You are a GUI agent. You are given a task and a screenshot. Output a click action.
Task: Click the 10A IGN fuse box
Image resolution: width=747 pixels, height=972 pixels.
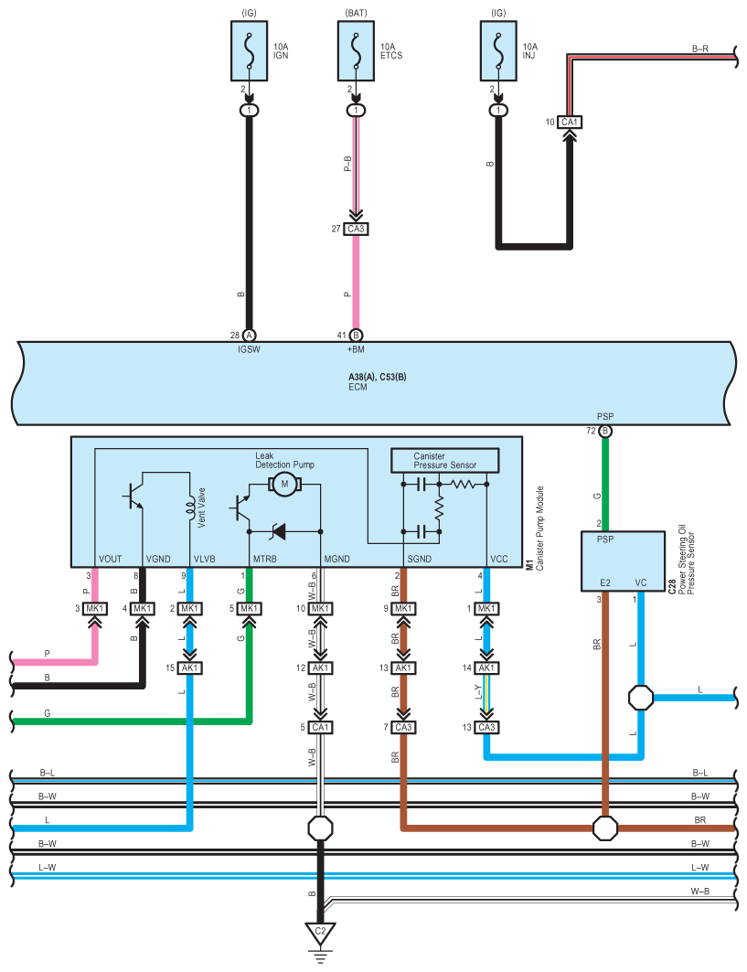point(250,51)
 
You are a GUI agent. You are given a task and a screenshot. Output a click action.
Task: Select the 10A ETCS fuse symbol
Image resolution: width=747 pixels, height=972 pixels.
point(356,51)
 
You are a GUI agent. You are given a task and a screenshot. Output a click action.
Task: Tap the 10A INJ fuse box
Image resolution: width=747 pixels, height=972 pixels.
point(498,51)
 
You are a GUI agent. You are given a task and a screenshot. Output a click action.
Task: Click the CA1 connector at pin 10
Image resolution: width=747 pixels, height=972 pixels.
point(569,123)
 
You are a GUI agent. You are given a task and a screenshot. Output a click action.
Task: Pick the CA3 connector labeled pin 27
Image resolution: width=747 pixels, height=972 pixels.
point(356,229)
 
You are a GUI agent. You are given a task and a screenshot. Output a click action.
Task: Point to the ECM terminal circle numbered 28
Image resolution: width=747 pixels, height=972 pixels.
point(250,336)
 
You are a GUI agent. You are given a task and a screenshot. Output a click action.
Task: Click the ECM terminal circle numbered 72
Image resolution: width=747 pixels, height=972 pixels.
point(605,431)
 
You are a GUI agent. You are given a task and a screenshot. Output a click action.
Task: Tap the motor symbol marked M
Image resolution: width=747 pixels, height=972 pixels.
point(284,484)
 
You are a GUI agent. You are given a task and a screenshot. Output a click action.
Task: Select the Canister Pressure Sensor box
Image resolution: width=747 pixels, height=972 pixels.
point(445,461)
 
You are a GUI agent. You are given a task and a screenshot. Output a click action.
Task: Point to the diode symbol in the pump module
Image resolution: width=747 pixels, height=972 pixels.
point(278,531)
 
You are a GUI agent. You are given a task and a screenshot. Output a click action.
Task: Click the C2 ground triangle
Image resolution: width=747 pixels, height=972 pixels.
point(320,934)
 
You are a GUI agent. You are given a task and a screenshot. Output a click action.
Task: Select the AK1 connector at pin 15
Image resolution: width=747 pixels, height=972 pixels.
point(189,668)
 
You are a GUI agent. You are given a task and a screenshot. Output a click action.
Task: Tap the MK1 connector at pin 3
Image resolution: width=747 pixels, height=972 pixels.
point(95,609)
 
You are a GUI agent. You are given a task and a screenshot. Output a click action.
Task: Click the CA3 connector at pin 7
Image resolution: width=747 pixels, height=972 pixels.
point(403,727)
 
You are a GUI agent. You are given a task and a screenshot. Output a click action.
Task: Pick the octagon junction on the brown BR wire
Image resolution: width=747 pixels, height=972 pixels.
point(605,828)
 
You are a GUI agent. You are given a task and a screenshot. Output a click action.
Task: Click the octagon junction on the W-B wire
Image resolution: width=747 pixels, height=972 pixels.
point(320,828)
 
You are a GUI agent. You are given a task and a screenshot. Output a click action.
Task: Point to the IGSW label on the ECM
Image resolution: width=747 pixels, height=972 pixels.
point(250,349)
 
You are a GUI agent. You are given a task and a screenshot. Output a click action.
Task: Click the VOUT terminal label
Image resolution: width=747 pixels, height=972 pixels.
point(111,559)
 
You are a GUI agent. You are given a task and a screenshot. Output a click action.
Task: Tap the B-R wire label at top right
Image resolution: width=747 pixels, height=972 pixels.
point(700,48)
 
